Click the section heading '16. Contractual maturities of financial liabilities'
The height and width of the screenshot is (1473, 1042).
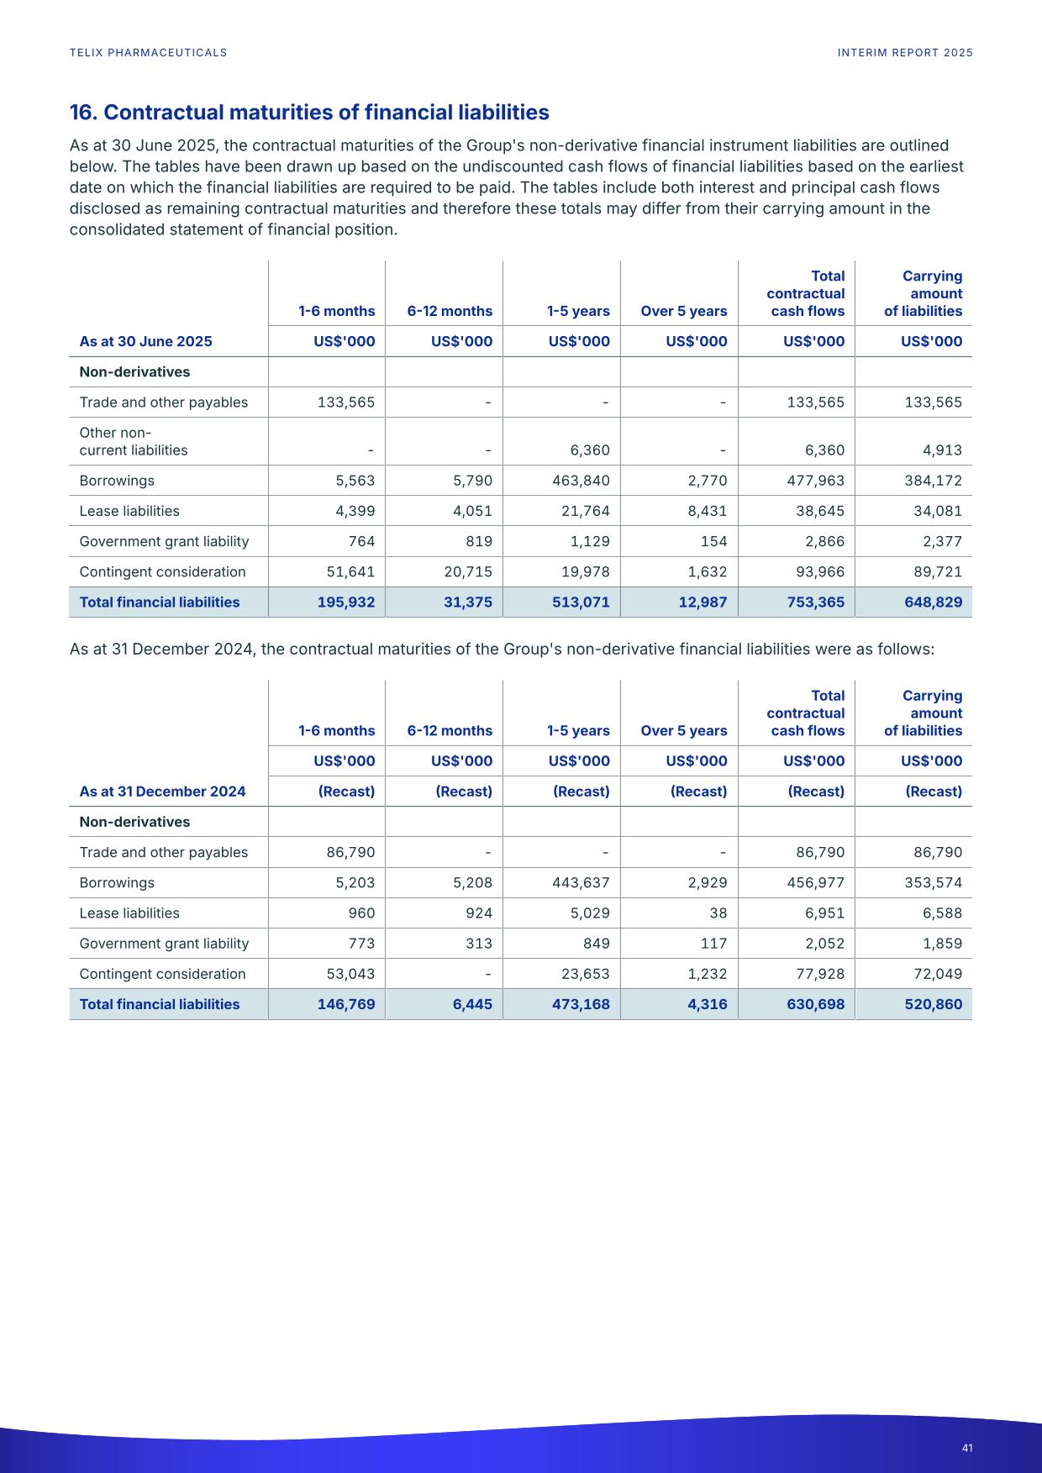tap(309, 113)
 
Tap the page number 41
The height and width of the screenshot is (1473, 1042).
tap(967, 1448)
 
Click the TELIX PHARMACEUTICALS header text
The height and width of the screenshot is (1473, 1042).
tap(148, 53)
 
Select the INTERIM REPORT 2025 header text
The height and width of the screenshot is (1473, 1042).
tap(905, 53)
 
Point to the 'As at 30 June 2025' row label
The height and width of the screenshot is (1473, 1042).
tap(145, 341)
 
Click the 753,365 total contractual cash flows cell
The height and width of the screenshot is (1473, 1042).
tap(813, 602)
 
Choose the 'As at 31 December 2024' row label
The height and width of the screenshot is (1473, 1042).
tap(162, 792)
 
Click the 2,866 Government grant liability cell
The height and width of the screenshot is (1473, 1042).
tap(822, 541)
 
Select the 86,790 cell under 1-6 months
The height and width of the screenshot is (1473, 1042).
tap(350, 853)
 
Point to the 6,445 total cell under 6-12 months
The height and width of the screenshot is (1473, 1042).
tap(472, 1004)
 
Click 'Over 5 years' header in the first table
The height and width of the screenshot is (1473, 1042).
tap(683, 311)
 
